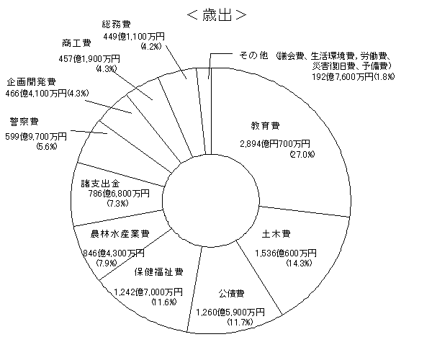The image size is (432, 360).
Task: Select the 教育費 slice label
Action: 265,123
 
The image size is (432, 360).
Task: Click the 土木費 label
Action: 276,234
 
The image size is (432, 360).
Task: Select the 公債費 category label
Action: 231,294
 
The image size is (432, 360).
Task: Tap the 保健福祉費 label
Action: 158,272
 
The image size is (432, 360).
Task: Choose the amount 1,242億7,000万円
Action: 149,292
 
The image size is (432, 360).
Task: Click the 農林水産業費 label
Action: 120,234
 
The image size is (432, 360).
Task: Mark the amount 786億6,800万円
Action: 105,194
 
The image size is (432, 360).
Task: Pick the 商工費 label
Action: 76,42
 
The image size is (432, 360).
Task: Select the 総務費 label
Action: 117,23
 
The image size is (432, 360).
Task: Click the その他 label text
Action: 252,55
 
